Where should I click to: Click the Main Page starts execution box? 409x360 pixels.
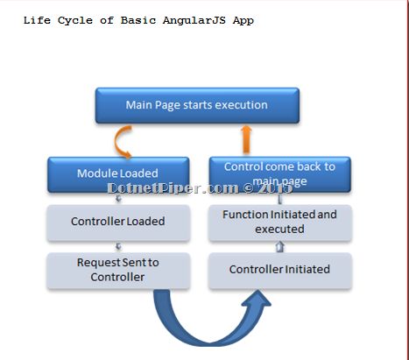click(x=196, y=105)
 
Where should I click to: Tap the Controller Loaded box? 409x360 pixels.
click(x=117, y=222)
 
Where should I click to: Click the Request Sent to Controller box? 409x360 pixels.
click(x=117, y=269)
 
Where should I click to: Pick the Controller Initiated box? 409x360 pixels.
click(x=279, y=269)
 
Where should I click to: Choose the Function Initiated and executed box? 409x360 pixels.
click(x=279, y=222)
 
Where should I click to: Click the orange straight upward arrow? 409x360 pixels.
click(x=247, y=138)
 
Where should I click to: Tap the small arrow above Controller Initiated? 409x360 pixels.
click(x=279, y=247)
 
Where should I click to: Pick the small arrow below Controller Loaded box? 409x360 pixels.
click(x=118, y=245)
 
